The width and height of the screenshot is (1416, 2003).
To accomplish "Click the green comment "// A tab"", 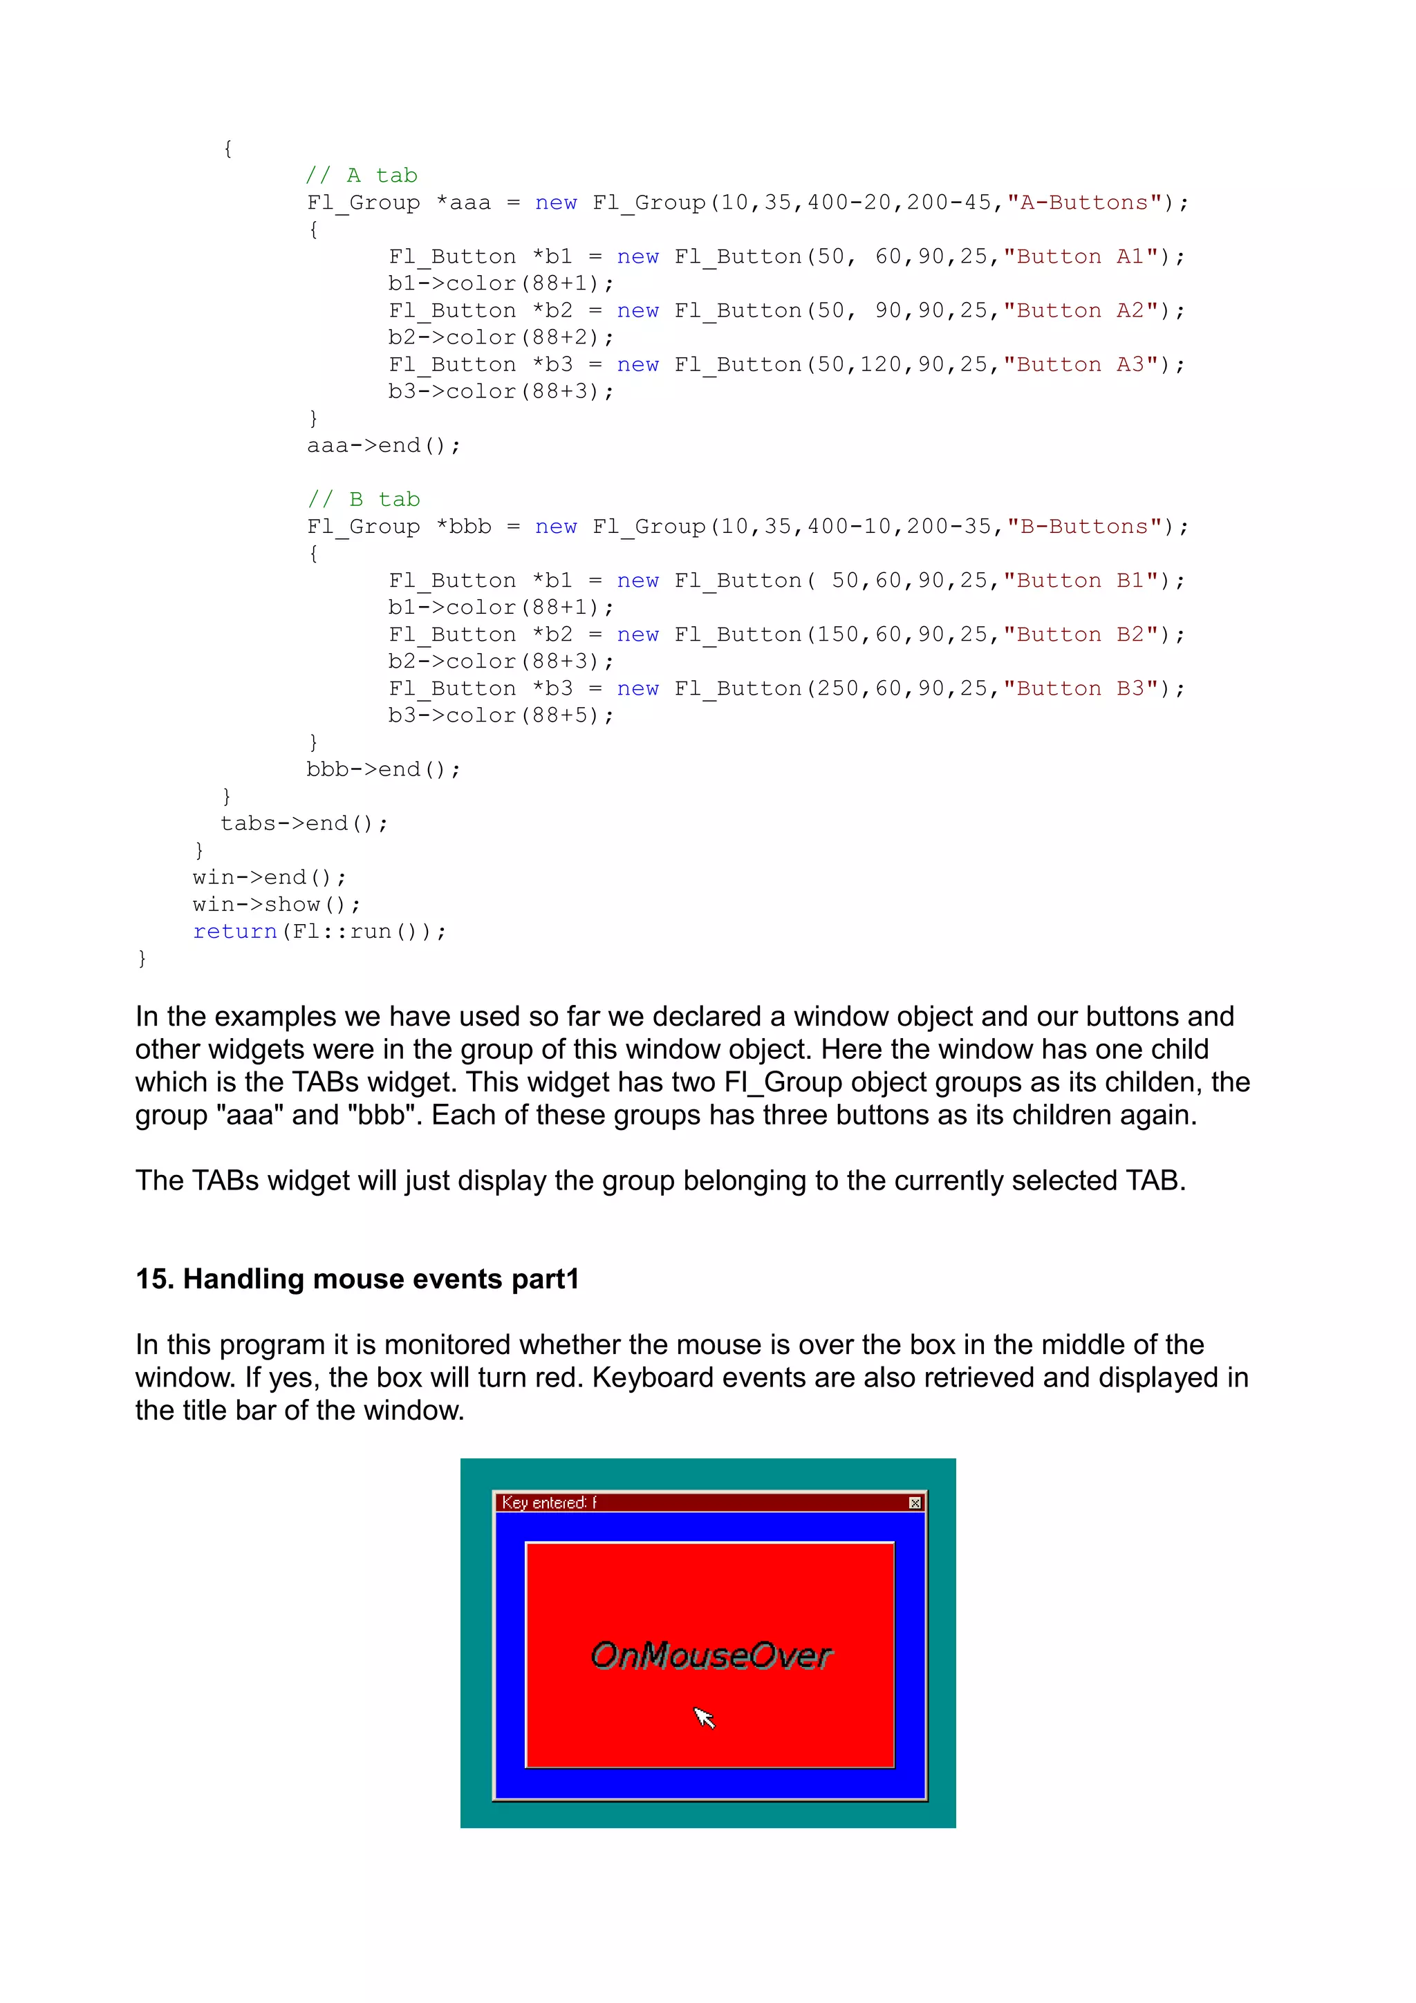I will click(361, 176).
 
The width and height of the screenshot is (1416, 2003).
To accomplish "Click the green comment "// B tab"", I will click(364, 499).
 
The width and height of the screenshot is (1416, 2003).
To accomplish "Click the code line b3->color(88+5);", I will click(501, 715).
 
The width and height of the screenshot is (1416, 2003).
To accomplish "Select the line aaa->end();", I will click(383, 446).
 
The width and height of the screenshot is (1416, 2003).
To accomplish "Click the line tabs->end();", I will click(304, 824).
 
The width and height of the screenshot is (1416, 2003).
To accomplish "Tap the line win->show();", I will click(277, 905).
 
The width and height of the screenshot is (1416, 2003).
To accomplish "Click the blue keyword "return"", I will click(234, 932).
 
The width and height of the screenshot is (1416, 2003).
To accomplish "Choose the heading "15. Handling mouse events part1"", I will click(357, 1279).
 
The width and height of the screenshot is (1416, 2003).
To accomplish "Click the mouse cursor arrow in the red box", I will click(703, 1717).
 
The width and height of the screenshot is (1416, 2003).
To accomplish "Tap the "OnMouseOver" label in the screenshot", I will click(711, 1655).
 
